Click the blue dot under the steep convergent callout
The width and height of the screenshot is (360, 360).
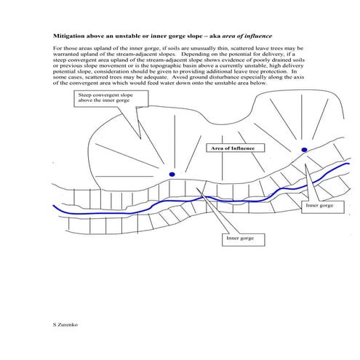click(172, 174)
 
